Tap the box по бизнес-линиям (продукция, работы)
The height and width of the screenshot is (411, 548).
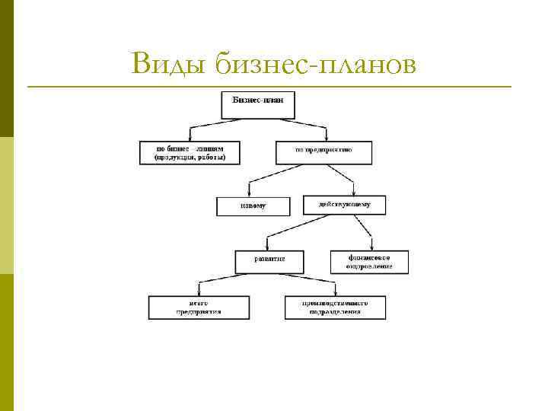coord(190,153)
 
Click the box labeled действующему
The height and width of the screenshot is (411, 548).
coord(344,205)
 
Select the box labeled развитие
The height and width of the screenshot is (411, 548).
coord(269,260)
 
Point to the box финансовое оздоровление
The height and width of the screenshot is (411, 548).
coord(369,262)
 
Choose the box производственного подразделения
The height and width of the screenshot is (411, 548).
coord(335,307)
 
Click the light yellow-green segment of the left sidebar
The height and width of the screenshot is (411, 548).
coord(7,205)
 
